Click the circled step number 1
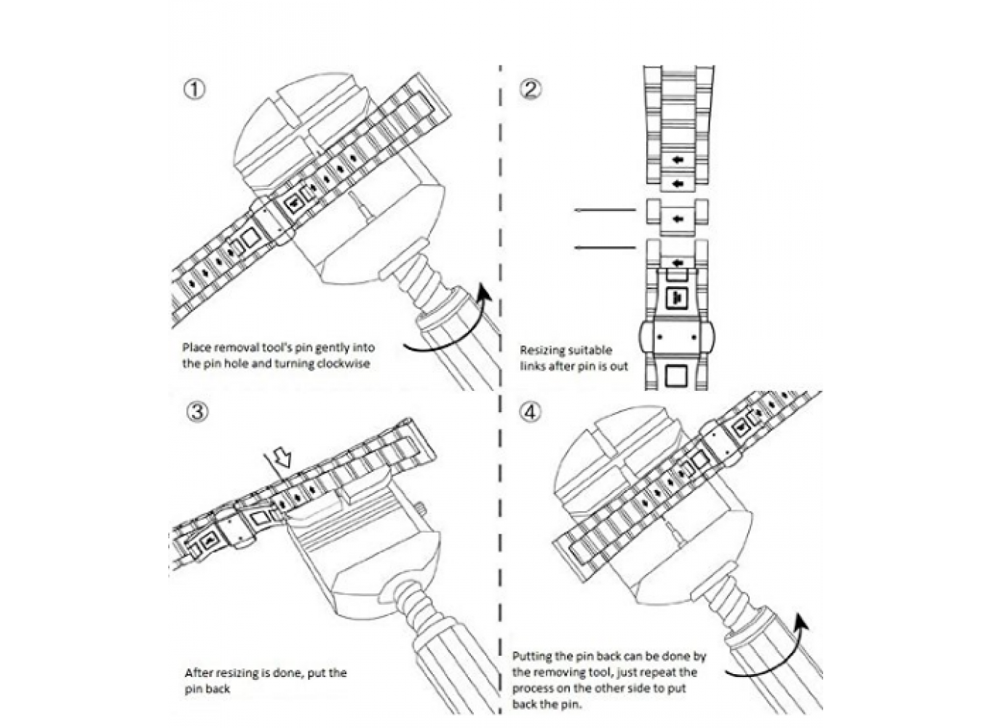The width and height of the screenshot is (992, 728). [x=194, y=90]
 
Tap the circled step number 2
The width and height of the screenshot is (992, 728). [x=531, y=90]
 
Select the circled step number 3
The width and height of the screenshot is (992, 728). [x=197, y=412]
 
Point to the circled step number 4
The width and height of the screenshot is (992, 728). [x=531, y=412]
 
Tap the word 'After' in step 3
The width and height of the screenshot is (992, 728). [x=199, y=673]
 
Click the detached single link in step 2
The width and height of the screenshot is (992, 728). [x=677, y=218]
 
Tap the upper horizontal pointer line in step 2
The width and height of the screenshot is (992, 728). [x=604, y=210]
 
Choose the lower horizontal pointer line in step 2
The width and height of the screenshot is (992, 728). [x=604, y=248]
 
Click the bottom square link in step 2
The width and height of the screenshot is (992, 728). [x=677, y=376]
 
